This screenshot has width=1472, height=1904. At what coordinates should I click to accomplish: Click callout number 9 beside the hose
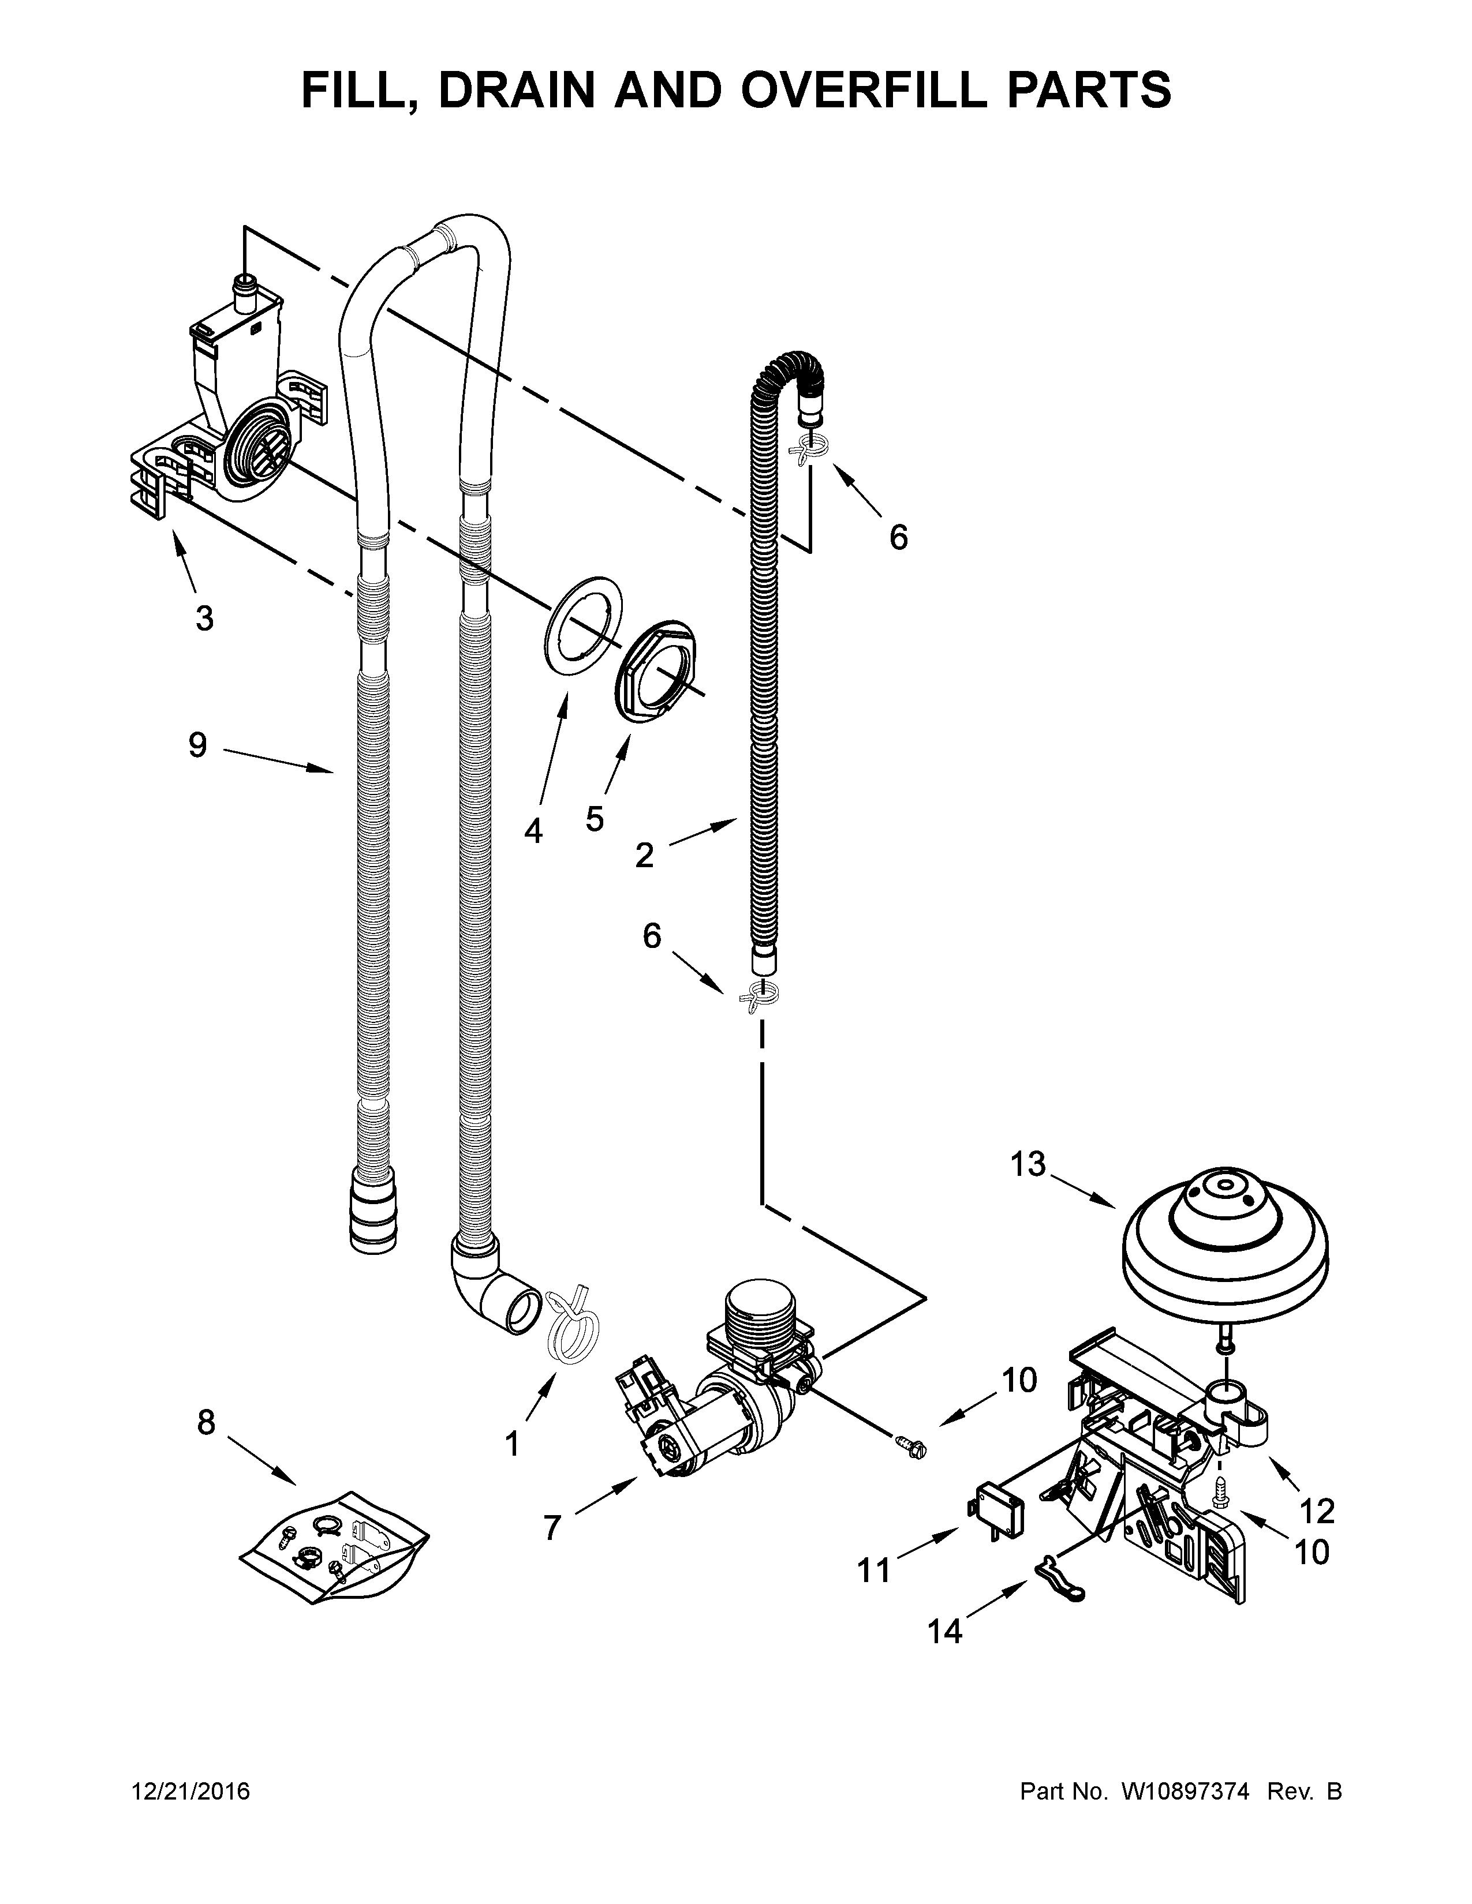198,745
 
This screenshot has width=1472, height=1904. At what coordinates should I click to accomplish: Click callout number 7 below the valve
551,1527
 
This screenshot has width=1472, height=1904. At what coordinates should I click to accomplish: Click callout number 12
1317,1509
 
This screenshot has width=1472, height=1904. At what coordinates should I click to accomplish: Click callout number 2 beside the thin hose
644,855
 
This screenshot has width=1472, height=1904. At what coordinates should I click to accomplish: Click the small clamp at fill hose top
806,451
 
